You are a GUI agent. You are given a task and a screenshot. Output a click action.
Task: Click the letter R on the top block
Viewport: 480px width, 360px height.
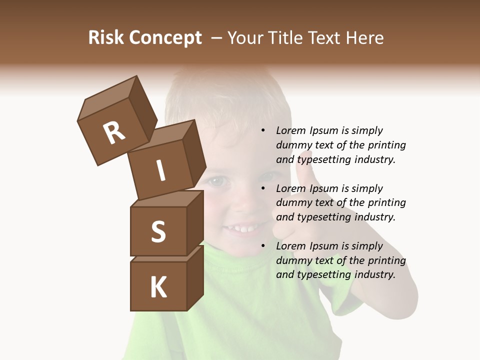pos(114,133)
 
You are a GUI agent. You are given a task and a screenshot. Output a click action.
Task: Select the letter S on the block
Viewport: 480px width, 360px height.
pos(158,231)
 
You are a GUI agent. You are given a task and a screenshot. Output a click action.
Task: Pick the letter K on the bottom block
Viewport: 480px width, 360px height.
pos(158,287)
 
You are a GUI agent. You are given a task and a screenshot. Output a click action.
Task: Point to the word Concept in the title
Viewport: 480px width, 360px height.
pos(165,38)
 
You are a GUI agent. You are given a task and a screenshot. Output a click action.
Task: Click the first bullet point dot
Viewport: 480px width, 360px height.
pos(263,130)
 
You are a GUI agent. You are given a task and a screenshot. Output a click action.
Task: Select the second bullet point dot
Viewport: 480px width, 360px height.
pos(263,188)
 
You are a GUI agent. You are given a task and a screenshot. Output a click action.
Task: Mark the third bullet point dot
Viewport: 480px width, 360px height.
pos(263,246)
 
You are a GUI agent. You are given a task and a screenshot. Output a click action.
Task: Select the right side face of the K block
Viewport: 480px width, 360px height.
pos(195,277)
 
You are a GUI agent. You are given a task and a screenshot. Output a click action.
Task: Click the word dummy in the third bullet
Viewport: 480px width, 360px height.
pos(293,260)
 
